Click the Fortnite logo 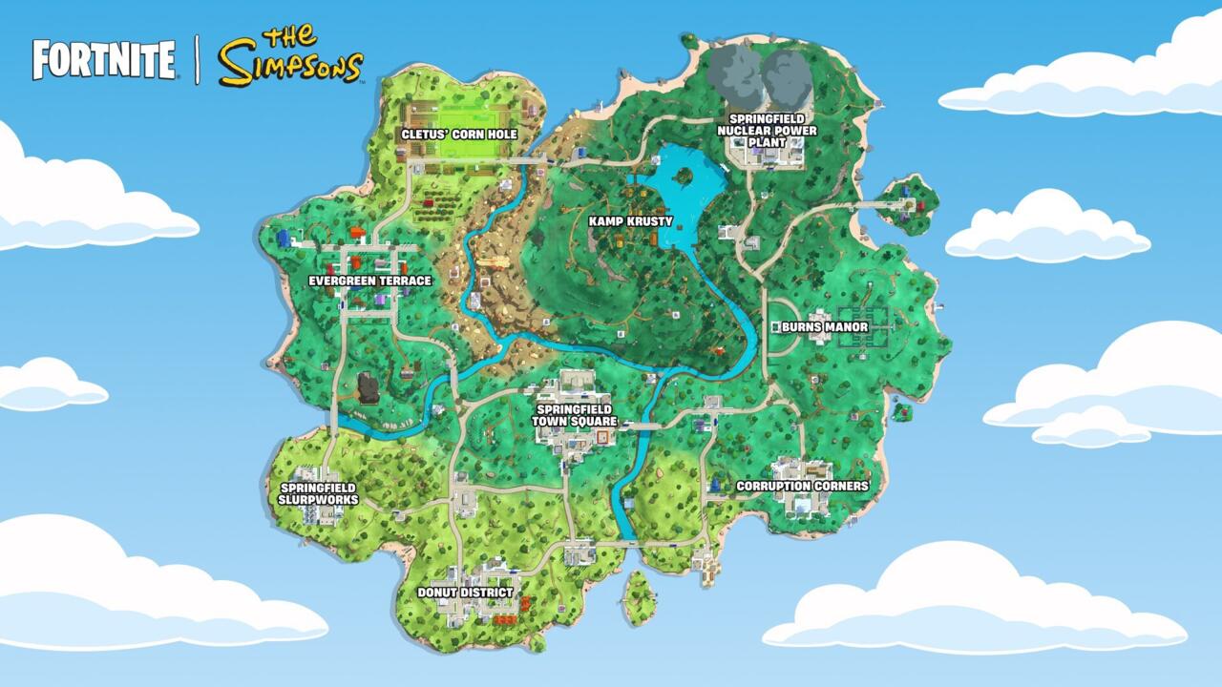click(x=104, y=59)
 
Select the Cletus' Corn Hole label click(x=459, y=135)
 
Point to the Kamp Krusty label click(x=631, y=221)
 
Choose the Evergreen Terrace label click(x=369, y=281)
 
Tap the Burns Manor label click(x=825, y=327)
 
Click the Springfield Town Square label click(x=578, y=415)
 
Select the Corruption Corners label click(x=802, y=486)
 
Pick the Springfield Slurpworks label click(x=318, y=493)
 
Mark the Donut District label click(x=465, y=593)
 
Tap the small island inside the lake click(x=685, y=176)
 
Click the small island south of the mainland click(x=638, y=597)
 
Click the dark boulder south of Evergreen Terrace click(x=368, y=387)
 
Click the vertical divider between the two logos click(x=198, y=59)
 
